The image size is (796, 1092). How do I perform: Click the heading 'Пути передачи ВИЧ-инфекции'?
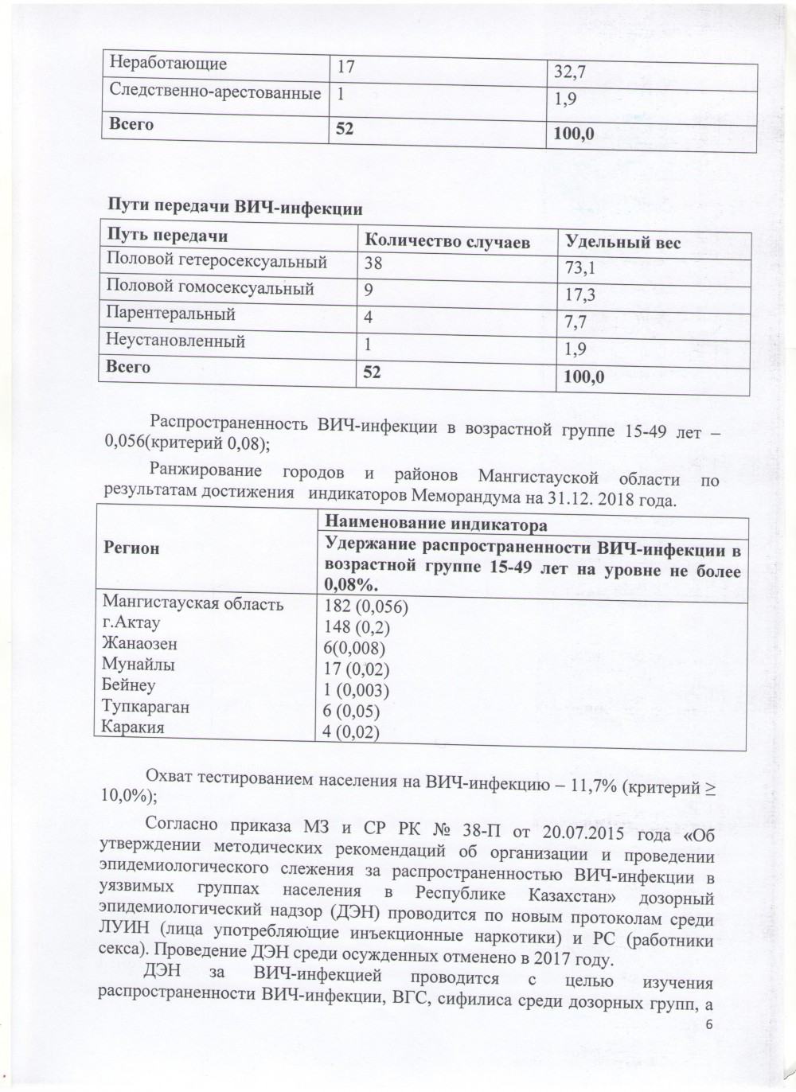[235, 209]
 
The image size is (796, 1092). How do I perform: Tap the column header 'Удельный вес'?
[622, 243]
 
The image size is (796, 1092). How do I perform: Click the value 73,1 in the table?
[581, 269]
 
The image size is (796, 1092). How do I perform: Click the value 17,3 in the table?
[581, 296]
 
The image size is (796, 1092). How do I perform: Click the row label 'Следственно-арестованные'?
[215, 93]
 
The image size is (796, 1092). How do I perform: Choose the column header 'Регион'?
[131, 548]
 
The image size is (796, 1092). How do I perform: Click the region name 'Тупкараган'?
[146, 706]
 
